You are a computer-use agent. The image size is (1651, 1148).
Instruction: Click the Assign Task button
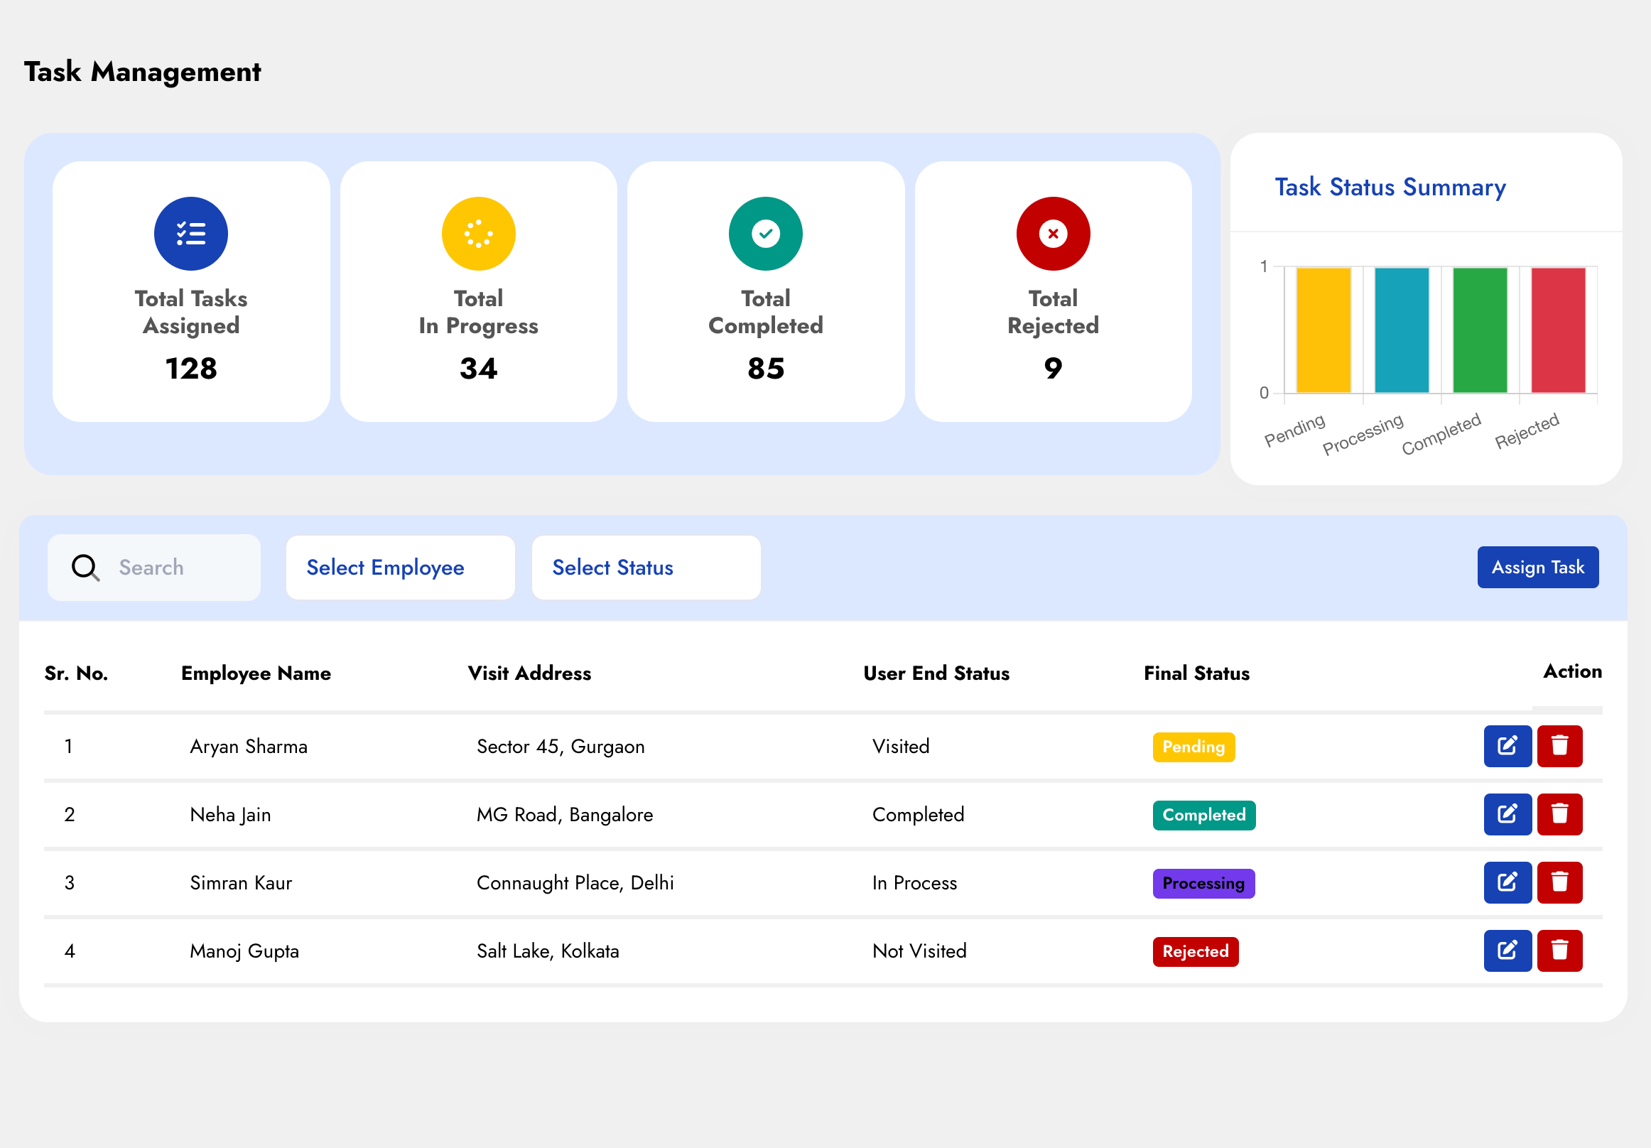click(x=1537, y=567)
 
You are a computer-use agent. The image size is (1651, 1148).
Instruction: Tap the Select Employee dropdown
click(x=400, y=567)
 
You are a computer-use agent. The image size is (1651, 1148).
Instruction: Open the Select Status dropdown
click(x=645, y=567)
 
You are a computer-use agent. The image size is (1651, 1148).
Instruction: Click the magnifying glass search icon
click(x=85, y=567)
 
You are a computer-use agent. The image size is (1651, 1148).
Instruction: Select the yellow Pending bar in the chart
click(x=1323, y=330)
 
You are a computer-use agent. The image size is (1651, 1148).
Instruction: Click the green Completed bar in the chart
click(x=1479, y=330)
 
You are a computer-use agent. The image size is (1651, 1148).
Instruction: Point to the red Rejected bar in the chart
click(x=1557, y=330)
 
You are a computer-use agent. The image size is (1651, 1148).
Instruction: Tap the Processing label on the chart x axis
click(x=1363, y=433)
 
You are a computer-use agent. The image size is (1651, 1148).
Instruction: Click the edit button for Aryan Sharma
click(x=1507, y=745)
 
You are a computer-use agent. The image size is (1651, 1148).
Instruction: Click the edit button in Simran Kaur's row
click(x=1507, y=882)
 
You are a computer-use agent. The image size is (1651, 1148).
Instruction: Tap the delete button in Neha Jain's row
click(x=1559, y=813)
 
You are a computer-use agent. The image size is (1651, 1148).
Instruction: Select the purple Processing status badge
click(x=1203, y=883)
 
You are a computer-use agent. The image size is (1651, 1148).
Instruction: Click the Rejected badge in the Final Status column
click(x=1195, y=951)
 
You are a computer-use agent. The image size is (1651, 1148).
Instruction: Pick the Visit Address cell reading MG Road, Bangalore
click(x=565, y=814)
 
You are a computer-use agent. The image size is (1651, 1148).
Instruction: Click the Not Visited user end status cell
click(x=919, y=951)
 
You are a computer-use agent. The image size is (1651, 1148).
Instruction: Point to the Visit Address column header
click(x=529, y=673)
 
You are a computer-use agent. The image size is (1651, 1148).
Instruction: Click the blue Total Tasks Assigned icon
click(x=190, y=234)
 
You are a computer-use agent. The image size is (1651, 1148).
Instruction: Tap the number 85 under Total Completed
click(x=765, y=368)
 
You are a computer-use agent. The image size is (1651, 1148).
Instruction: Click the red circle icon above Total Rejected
click(x=1053, y=234)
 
